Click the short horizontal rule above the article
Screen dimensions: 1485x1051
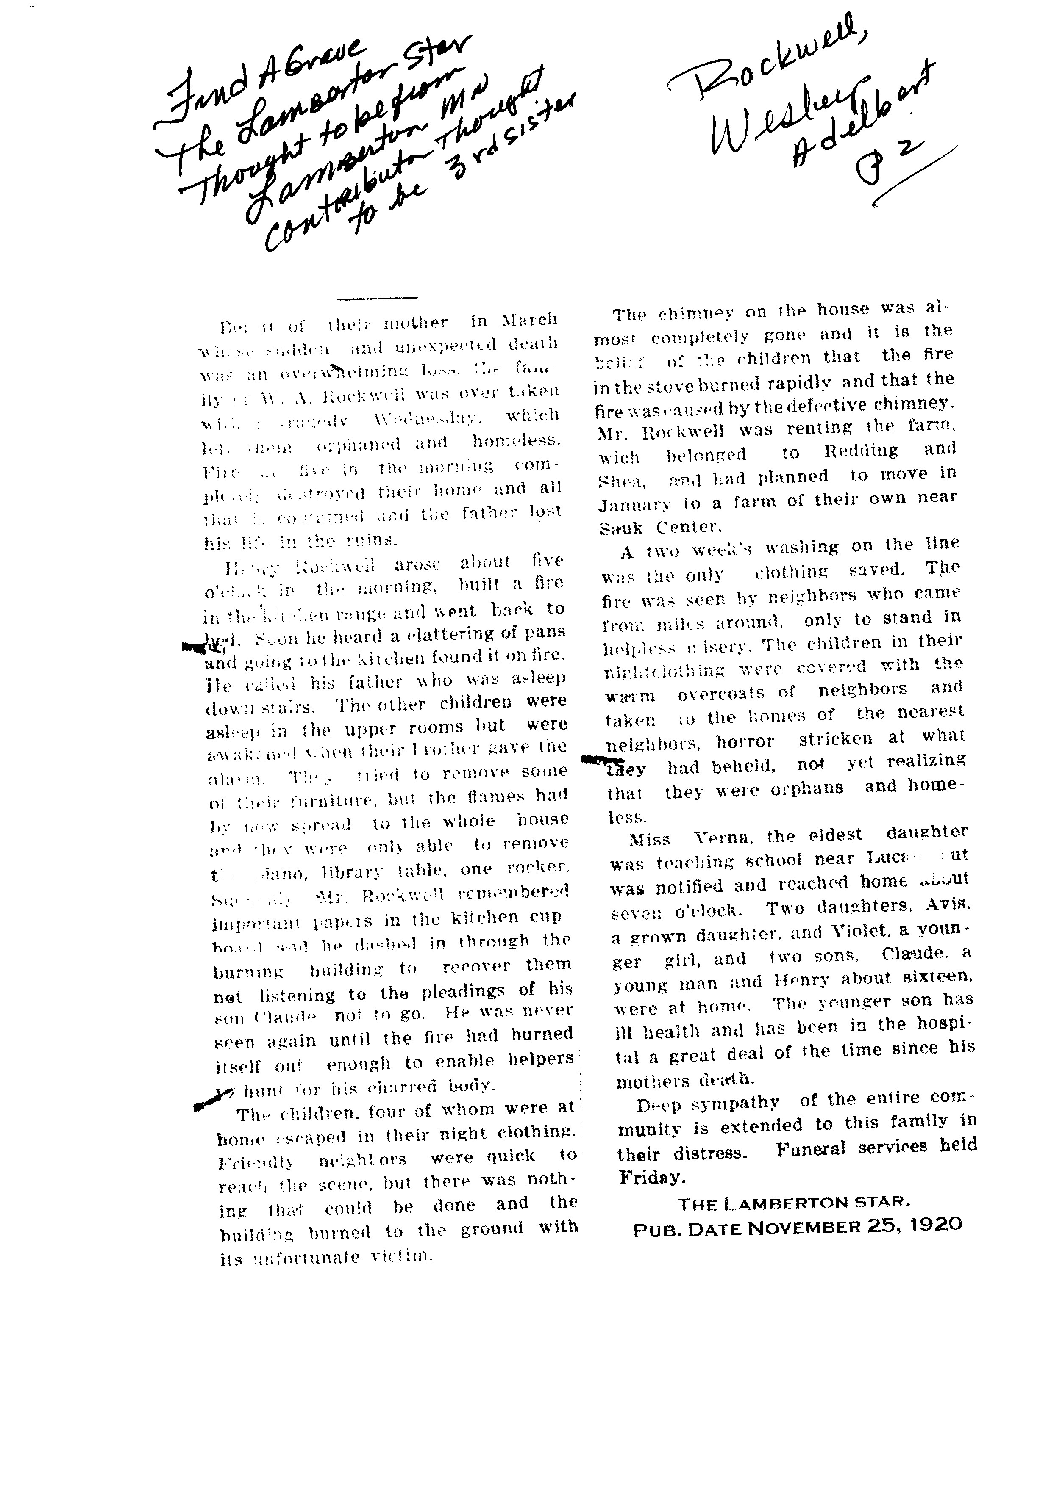377,298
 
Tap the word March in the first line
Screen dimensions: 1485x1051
529,320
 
